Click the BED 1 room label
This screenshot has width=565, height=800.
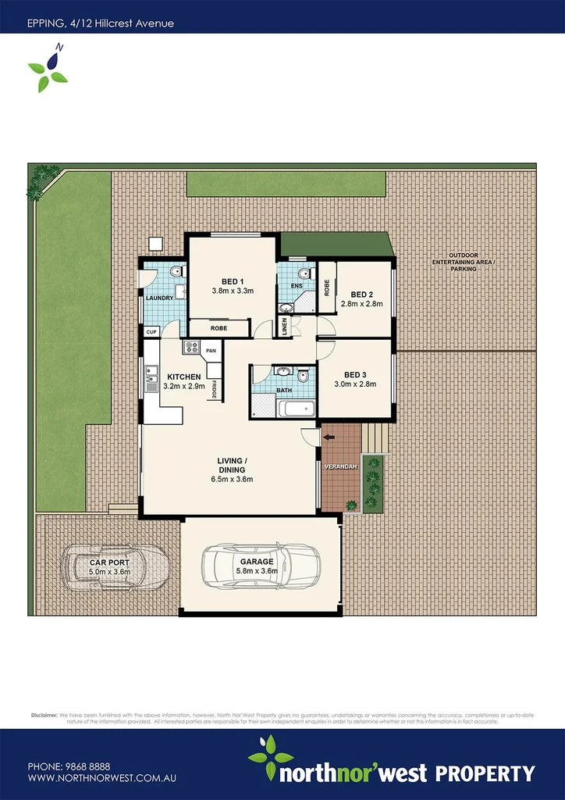coord(233,281)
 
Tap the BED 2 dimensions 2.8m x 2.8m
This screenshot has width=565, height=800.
coord(361,303)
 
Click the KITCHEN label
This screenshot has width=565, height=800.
coord(183,377)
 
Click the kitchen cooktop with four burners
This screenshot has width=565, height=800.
coord(191,347)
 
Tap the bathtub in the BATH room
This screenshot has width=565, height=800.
coord(297,409)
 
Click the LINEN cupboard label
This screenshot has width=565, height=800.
coord(286,327)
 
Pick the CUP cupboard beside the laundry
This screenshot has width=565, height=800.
coord(151,332)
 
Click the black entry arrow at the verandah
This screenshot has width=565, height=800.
coord(329,437)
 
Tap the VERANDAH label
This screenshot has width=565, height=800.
coord(341,466)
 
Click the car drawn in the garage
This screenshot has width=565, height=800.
coord(261,567)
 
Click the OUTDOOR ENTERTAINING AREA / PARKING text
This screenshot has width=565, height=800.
coord(464,264)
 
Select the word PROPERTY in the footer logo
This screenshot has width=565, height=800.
coord(484,752)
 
